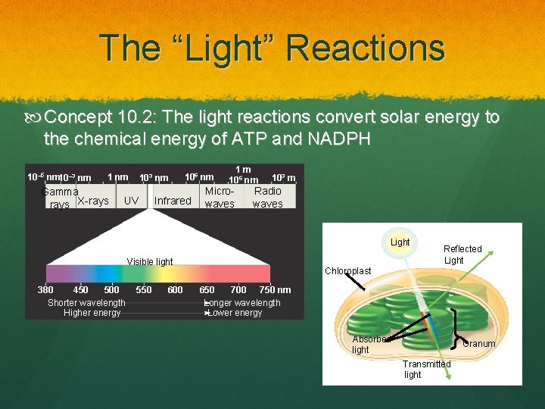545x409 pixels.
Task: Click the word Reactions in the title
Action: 365,48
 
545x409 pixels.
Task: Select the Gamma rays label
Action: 59,198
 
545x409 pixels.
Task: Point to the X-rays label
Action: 92,201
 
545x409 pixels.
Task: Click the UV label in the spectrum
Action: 131,201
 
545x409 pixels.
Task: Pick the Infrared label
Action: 173,201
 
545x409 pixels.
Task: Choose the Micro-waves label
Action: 220,198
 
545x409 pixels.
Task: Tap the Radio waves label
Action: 268,198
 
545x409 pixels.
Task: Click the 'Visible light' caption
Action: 150,262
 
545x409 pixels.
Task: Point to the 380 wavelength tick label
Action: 45,290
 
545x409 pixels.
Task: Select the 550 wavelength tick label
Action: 143,290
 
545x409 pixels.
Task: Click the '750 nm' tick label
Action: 275,290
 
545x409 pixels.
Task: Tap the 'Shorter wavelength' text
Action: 86,303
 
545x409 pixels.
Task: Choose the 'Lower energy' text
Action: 235,313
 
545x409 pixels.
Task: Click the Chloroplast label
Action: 347,271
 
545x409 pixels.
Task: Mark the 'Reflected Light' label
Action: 462,254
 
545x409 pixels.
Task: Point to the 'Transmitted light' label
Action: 426,369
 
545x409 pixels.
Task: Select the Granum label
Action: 479,344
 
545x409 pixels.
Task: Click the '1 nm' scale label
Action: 117,177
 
